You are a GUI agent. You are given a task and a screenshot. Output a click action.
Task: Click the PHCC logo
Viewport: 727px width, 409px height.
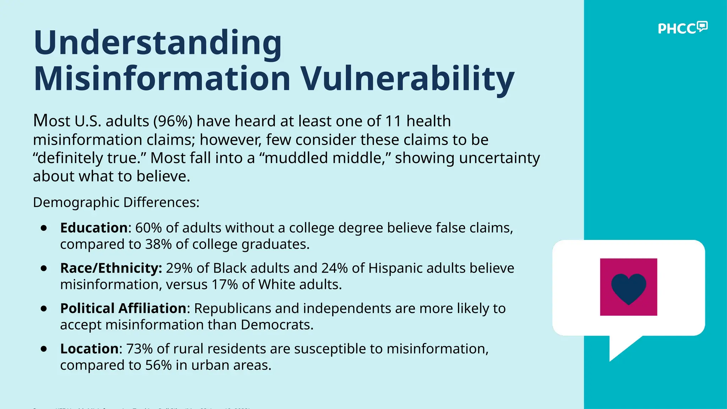(x=682, y=28)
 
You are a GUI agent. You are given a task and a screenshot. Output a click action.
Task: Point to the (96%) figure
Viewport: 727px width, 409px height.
(x=173, y=121)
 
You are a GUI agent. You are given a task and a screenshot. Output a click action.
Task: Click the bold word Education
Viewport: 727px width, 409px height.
(x=94, y=228)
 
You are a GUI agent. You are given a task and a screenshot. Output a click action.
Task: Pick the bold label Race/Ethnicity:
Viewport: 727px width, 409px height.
(x=111, y=268)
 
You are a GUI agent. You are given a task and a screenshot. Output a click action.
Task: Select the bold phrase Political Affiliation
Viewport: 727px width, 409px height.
(x=123, y=309)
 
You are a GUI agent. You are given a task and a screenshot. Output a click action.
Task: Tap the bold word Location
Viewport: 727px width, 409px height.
(x=89, y=349)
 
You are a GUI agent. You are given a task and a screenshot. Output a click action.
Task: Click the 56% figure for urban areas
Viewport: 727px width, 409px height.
(x=159, y=365)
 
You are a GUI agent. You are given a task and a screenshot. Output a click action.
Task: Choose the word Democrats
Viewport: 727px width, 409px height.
(x=277, y=325)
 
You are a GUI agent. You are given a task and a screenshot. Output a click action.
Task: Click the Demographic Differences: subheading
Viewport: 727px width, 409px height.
(x=116, y=202)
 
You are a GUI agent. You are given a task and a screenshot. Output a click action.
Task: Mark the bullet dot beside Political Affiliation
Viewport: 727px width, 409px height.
(x=44, y=309)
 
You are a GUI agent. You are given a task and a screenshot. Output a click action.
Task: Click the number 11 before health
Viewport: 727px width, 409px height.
(x=393, y=121)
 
